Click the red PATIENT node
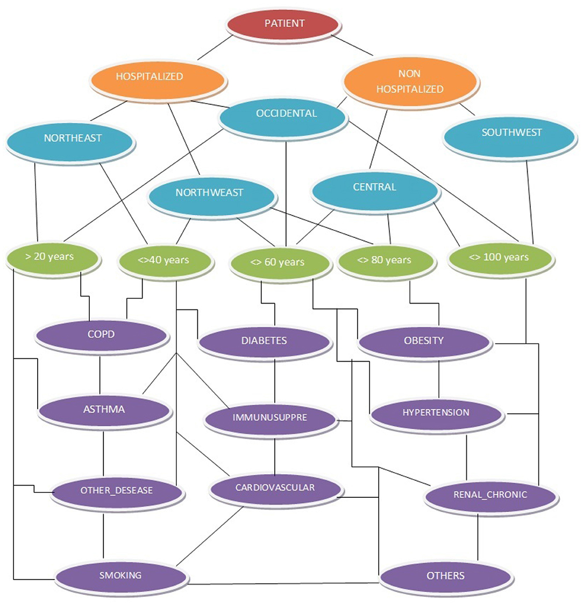pos(283,24)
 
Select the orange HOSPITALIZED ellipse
pos(157,77)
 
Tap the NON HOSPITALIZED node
pos(410,82)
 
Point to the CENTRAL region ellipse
pos(374,188)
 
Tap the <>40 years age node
pos(165,261)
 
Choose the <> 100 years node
pos(500,258)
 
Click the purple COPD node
pos(102,335)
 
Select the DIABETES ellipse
pos(264,342)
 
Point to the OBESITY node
pos(424,342)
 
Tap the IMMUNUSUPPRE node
pos(271,419)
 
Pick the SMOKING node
pos(121,576)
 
